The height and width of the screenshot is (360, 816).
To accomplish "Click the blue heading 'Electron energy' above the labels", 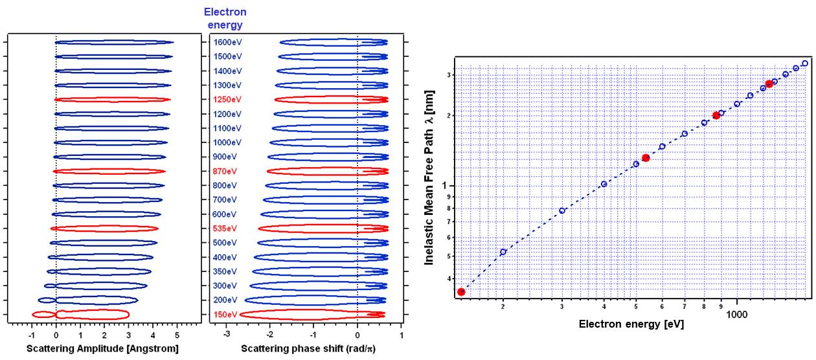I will [x=225, y=19].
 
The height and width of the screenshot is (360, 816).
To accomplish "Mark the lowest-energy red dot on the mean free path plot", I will [x=461, y=292].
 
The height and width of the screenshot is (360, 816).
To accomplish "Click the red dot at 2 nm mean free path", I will [x=716, y=115].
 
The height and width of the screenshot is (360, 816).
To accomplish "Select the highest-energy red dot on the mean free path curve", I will [x=769, y=84].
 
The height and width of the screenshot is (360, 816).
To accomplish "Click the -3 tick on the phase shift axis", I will [x=226, y=335].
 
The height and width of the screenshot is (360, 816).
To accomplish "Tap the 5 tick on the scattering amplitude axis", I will [x=177, y=335].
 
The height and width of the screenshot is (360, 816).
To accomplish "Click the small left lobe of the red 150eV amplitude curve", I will [x=43, y=314].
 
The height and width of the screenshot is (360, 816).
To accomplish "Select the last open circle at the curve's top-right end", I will [x=805, y=63].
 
